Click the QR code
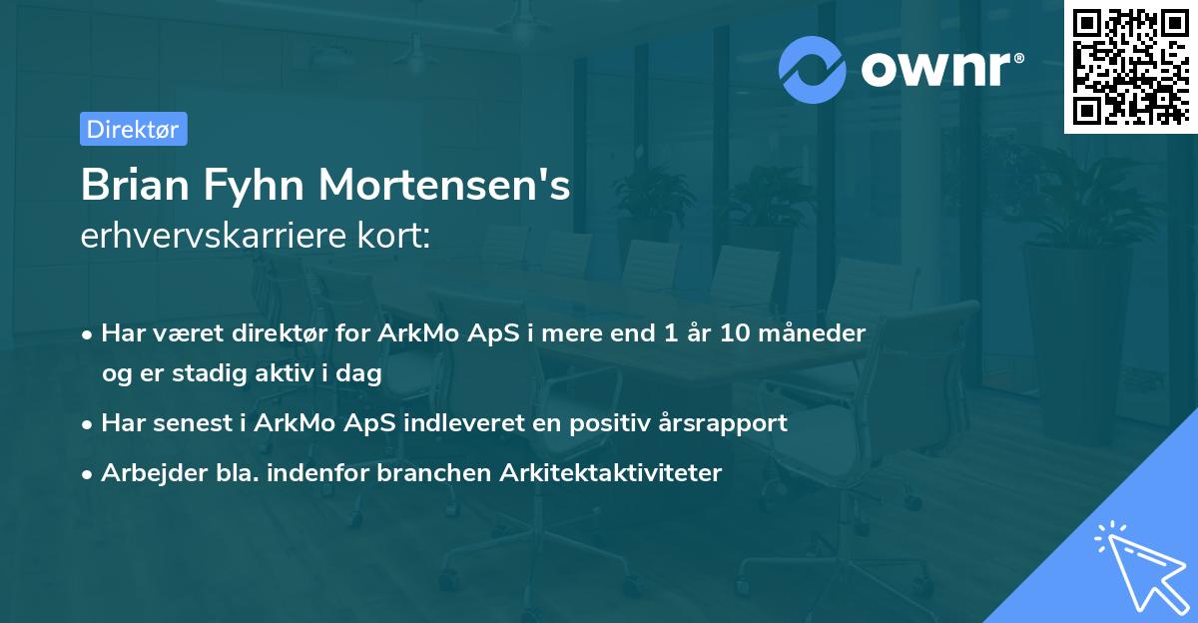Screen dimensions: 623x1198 (x=1130, y=67)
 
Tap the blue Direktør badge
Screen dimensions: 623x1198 (x=133, y=129)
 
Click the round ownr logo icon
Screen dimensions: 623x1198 (x=813, y=69)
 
